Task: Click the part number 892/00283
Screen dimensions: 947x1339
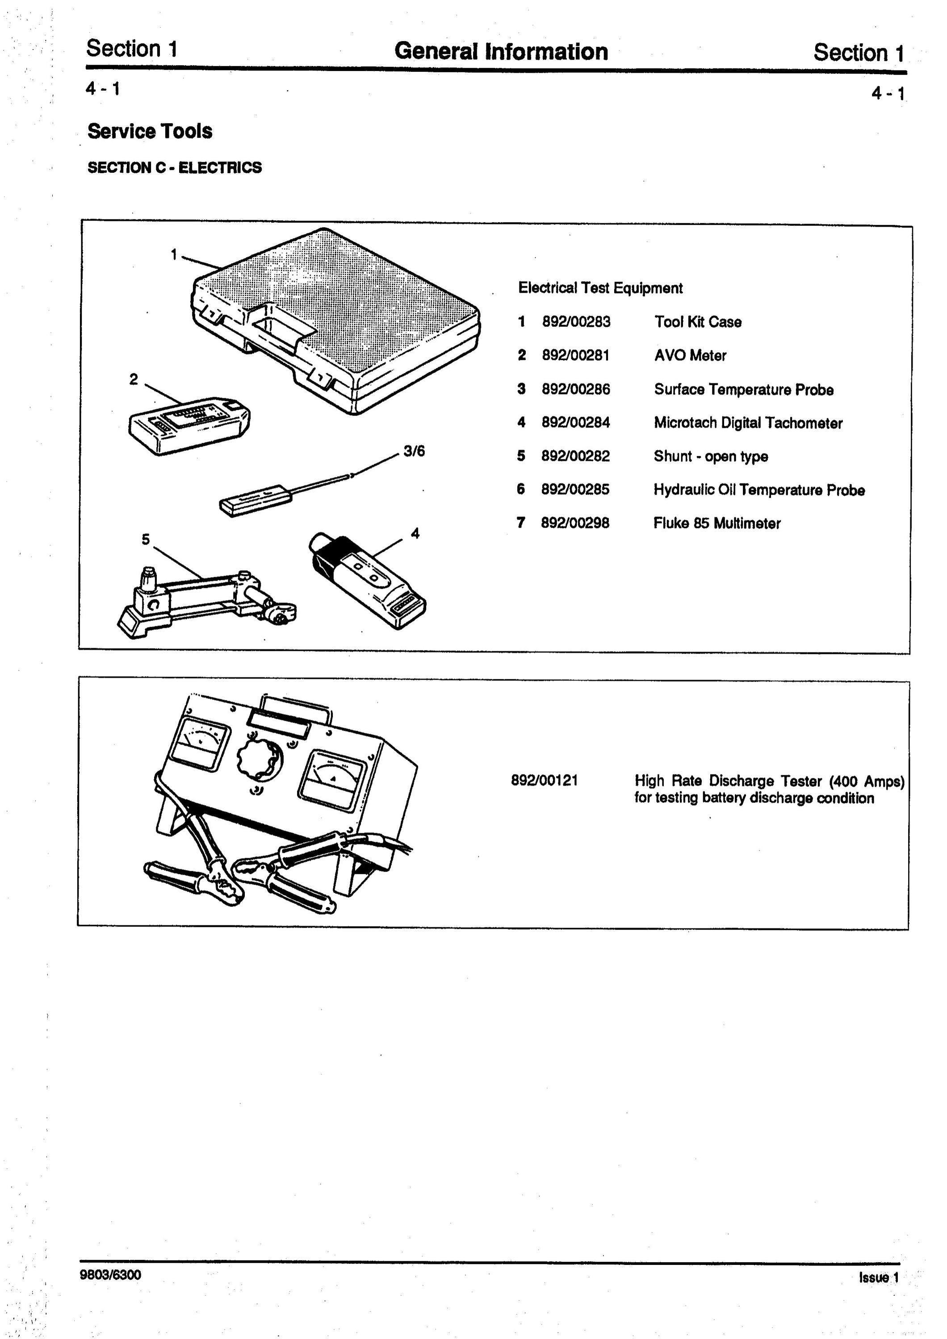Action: coord(576,322)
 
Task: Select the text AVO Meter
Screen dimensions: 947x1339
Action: coord(690,355)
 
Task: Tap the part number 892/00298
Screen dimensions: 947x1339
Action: coord(575,523)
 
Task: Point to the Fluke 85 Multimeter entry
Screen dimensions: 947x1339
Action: coord(717,523)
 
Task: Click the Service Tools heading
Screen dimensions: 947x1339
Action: coord(150,131)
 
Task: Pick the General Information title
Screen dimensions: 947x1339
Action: coord(501,51)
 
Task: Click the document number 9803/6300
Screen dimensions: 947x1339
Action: coord(110,1274)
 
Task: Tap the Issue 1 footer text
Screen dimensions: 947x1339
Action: coord(879,1277)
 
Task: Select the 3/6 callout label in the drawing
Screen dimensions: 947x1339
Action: coord(414,451)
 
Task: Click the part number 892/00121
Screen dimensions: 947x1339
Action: coord(545,780)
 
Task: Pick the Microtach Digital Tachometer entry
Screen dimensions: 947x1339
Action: coord(748,423)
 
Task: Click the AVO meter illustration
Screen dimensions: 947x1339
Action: coord(190,424)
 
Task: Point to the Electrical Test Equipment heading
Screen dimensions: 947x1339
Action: coord(600,288)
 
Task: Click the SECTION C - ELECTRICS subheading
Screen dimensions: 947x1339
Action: coord(175,167)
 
